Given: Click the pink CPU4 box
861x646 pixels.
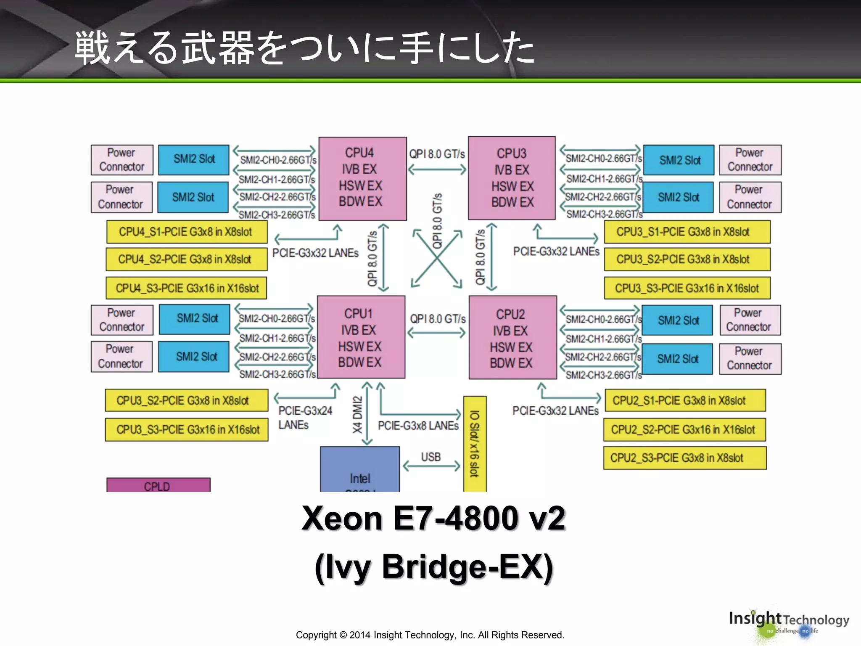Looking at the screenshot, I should (362, 178).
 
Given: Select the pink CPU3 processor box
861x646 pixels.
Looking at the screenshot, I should (512, 178).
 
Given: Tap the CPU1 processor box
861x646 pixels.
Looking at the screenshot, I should (361, 337).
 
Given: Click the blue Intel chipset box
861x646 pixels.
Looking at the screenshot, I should (360, 470).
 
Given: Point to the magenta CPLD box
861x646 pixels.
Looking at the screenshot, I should (158, 485).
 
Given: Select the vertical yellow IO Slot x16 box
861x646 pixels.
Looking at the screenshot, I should (475, 444).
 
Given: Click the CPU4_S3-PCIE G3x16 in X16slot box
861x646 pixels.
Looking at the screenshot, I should (186, 288).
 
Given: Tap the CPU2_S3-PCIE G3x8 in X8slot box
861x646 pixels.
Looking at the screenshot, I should (684, 458).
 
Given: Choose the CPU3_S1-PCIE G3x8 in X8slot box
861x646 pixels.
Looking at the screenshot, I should (687, 232).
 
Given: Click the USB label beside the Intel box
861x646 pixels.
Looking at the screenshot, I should (431, 457).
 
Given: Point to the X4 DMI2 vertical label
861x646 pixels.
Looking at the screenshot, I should (357, 414).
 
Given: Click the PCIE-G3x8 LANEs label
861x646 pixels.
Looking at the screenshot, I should (418, 426).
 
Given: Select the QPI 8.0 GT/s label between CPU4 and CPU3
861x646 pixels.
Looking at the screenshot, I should (437, 154).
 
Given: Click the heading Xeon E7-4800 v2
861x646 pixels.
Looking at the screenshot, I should (433, 518).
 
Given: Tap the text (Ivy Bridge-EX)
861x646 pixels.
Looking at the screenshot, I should (433, 567).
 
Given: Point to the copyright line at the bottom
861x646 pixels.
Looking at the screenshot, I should (430, 635).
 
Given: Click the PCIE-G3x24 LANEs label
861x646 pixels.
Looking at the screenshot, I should (305, 418).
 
